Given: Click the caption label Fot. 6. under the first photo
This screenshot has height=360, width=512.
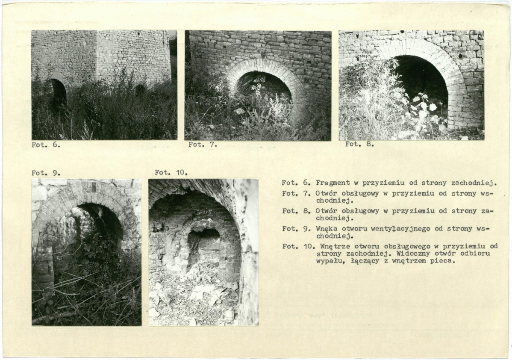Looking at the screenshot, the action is click(46, 145).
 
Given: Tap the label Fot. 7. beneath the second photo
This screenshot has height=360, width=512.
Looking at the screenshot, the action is click(203, 145).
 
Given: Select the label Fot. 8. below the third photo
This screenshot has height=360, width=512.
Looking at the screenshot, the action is click(359, 144).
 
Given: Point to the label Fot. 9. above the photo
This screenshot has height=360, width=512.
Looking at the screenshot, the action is click(46, 173).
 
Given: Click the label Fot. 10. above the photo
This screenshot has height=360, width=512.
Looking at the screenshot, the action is click(171, 172).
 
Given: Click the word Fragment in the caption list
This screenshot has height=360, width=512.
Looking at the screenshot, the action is click(333, 183).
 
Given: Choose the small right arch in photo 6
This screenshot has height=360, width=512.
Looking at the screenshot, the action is click(140, 90).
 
